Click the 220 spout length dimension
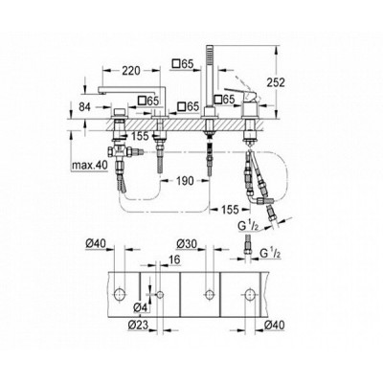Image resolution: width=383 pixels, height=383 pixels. point(131,70)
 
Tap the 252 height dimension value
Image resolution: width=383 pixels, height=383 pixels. point(276,82)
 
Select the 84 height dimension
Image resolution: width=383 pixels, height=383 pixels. point(84,107)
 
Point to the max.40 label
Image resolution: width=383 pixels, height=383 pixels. point(89,166)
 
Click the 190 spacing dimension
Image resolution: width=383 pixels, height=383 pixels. point(185,181)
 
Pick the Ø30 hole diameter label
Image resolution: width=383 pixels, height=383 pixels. point(187,243)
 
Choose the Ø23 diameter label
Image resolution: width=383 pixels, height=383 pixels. point(138,325)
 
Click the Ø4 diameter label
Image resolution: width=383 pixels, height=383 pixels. point(140,308)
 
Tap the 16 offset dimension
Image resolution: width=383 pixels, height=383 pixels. point(173,259)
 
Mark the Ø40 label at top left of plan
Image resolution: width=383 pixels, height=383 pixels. point(96,243)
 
